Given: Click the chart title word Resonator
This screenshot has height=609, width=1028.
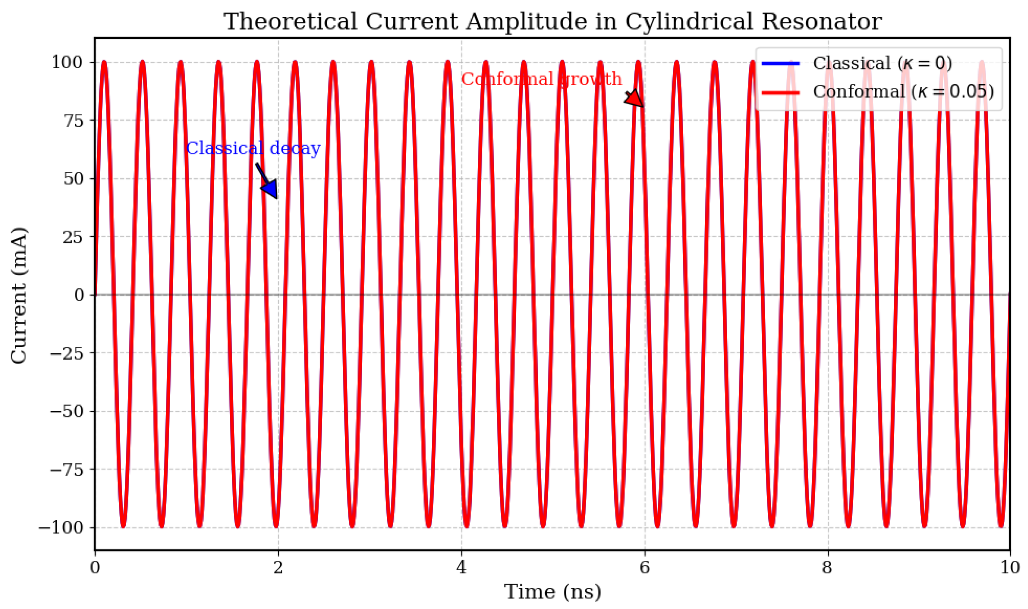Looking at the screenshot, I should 822,21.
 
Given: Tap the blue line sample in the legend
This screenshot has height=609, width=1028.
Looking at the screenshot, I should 780,63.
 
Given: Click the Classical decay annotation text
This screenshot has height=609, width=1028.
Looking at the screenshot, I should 253,148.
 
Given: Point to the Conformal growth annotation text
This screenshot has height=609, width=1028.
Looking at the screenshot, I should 541,79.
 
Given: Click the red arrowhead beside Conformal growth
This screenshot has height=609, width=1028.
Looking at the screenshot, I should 635,100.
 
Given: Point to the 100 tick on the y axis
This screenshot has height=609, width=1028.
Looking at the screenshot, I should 67,62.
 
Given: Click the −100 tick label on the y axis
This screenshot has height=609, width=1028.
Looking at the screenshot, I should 61,528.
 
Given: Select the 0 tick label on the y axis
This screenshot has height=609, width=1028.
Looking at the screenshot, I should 79,295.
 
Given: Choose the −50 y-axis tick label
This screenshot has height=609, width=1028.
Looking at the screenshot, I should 66,412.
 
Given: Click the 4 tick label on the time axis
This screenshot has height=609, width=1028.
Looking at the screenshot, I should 461,568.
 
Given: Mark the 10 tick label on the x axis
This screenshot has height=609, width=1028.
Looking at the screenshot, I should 1009,568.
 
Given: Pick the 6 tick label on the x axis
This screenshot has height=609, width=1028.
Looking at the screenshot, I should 645,568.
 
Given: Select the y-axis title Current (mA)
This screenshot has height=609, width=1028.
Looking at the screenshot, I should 19,295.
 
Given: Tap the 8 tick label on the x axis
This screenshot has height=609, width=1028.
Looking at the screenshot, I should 827,568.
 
